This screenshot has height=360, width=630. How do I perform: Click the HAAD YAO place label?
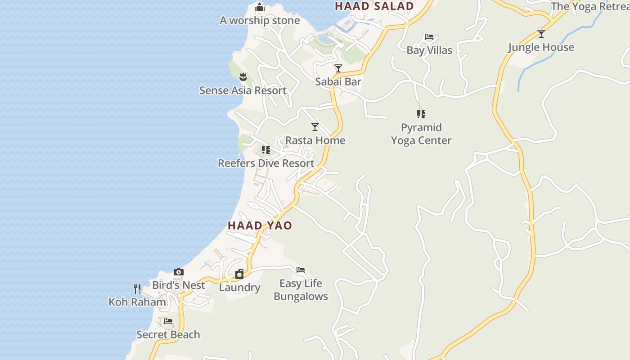pyautogui.click(x=260, y=225)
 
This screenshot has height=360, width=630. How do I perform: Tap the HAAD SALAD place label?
pyautogui.click(x=374, y=6)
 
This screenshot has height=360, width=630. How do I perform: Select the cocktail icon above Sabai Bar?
pyautogui.click(x=338, y=68)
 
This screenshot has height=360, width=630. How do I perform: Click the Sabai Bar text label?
pyautogui.click(x=338, y=81)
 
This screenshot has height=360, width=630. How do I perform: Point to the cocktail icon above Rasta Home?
pyautogui.click(x=315, y=127)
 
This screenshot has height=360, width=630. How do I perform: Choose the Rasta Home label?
pyautogui.click(x=315, y=140)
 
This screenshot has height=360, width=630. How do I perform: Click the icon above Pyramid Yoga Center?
pyautogui.click(x=421, y=114)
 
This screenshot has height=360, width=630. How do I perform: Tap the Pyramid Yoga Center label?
pyautogui.click(x=421, y=134)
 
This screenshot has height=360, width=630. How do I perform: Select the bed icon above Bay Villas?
pyautogui.click(x=429, y=37)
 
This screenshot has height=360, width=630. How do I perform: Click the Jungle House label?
pyautogui.click(x=541, y=47)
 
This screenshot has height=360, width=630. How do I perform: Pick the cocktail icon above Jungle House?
pyautogui.click(x=541, y=34)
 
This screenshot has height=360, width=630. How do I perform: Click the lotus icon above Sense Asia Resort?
pyautogui.click(x=243, y=77)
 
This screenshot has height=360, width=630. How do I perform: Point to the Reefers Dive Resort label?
pyautogui.click(x=266, y=163)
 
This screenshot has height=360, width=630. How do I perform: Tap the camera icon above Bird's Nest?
pyautogui.click(x=179, y=272)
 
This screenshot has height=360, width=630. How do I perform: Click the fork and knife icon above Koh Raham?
pyautogui.click(x=137, y=288)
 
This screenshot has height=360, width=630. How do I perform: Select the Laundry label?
pyautogui.click(x=239, y=288)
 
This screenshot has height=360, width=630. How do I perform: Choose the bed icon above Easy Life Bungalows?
pyautogui.click(x=301, y=270)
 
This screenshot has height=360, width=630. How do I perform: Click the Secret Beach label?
pyautogui.click(x=168, y=334)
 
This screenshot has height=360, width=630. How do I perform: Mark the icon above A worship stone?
pyautogui.click(x=260, y=7)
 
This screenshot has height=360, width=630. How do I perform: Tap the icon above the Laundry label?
pyautogui.click(x=239, y=274)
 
